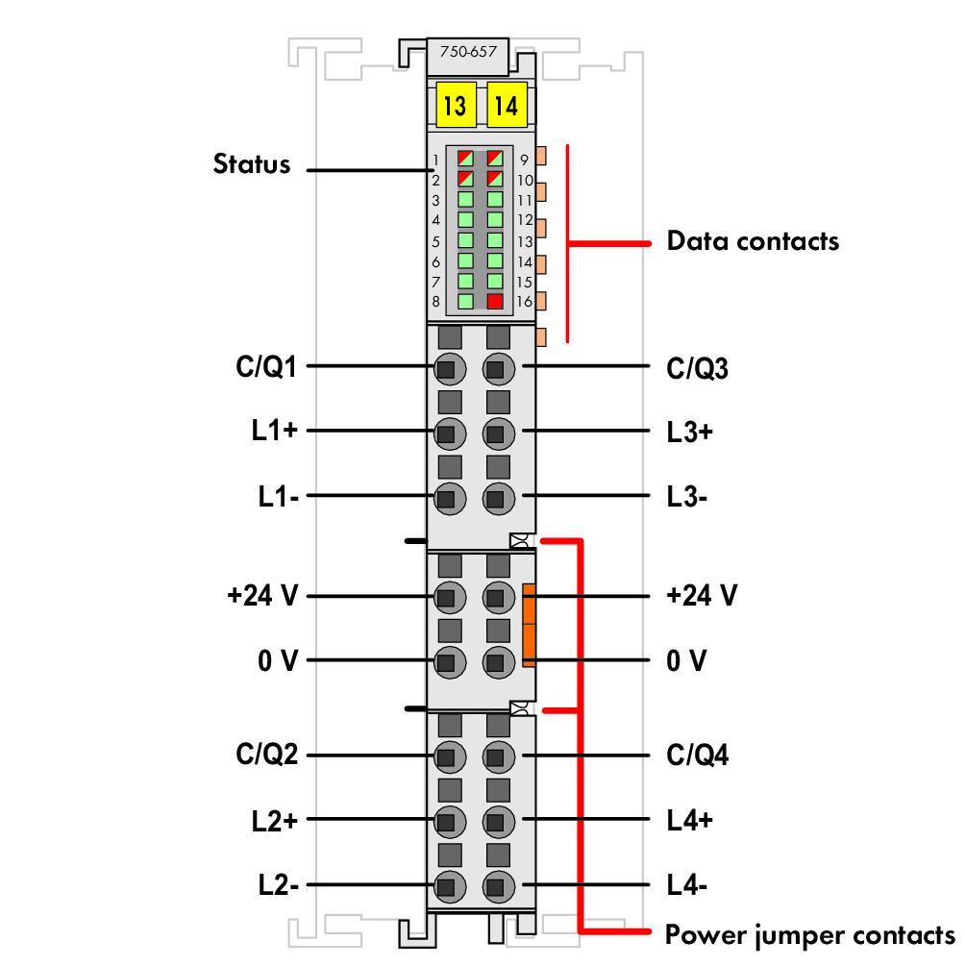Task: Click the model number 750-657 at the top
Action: pos(468,53)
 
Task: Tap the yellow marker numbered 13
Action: pos(455,105)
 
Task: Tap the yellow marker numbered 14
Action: pos(507,105)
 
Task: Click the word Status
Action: pos(251,164)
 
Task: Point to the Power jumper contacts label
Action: pos(810,934)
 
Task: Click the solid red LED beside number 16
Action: pos(495,302)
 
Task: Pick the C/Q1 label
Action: pos(266,367)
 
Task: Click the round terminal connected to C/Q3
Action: pos(496,368)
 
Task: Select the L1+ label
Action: pos(275,432)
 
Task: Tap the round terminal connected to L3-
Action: pos(496,498)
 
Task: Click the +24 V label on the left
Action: pos(262,596)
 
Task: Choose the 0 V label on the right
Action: pos(686,661)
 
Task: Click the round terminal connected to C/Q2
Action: pos(447,757)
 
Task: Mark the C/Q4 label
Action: pos(698,755)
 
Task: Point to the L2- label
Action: pos(278,885)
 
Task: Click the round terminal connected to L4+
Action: pos(496,822)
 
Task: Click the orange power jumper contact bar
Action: pos(529,625)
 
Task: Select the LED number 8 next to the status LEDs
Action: pos(466,302)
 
